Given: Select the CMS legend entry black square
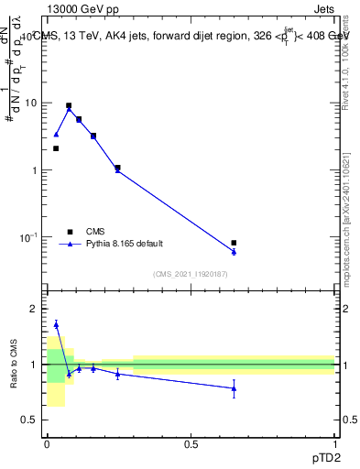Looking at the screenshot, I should tap(70, 232).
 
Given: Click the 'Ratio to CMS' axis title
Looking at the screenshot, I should tap(14, 365).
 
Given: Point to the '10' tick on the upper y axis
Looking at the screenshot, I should tap(32, 103).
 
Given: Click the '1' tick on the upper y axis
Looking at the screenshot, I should tap(35, 170).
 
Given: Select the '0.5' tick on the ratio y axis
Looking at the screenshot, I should tap(30, 420).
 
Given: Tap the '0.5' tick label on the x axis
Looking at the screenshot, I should tap(191, 443).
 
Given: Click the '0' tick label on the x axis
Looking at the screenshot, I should tap(47, 443).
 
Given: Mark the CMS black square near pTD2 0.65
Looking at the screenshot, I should tap(235, 243).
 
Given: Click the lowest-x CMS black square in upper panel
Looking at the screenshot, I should tap(56, 148).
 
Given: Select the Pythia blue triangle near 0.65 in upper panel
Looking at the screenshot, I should tap(235, 251).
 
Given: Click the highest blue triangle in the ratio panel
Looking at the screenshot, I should tap(56, 324).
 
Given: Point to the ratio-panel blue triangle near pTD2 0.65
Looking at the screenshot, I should tap(235, 388).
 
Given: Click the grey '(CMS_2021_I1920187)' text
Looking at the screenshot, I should tap(191, 273).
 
